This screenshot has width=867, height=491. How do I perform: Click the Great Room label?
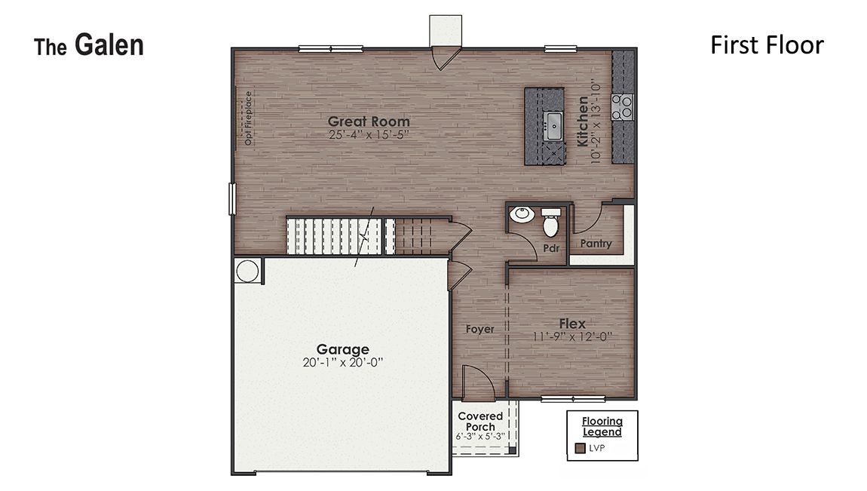(369, 121)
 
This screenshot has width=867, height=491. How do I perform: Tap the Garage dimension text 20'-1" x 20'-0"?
(342, 362)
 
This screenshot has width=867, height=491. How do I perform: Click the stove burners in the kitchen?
(623, 106)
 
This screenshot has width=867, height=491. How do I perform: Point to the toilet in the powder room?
(551, 222)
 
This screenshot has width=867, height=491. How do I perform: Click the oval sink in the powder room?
(522, 215)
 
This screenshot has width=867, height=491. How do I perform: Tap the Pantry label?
(596, 244)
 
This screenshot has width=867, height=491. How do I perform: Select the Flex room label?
(572, 324)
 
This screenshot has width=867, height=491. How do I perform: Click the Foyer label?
(479, 329)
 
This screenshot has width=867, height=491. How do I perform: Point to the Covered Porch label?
(480, 422)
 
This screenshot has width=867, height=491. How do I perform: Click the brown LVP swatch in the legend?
(581, 448)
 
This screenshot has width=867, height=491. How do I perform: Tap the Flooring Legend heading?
(602, 427)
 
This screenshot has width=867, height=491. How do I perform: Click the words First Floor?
(767, 45)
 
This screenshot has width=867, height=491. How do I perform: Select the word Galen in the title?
(109, 45)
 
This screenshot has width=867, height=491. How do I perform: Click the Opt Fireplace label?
(248, 119)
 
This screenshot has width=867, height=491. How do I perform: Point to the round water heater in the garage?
(247, 271)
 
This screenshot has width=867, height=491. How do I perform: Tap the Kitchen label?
(583, 121)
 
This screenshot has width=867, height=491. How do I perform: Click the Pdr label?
(550, 247)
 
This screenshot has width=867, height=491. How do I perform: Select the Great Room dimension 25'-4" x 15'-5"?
(369, 136)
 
